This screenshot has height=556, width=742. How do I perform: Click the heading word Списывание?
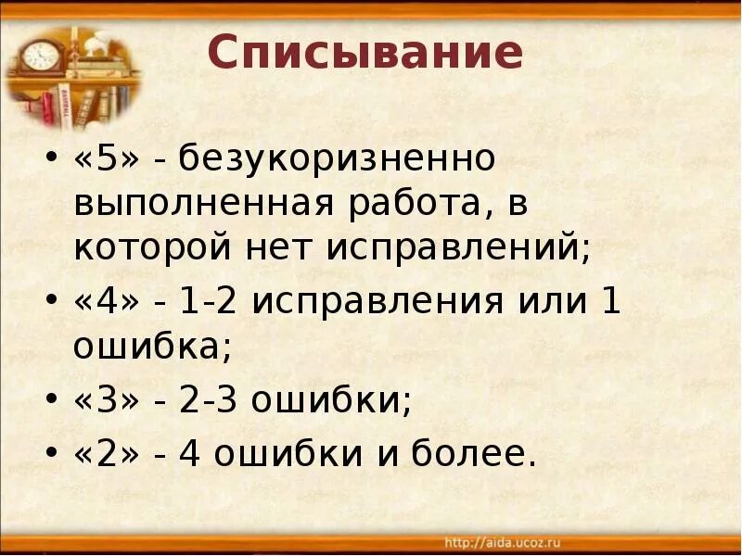pos(365,55)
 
